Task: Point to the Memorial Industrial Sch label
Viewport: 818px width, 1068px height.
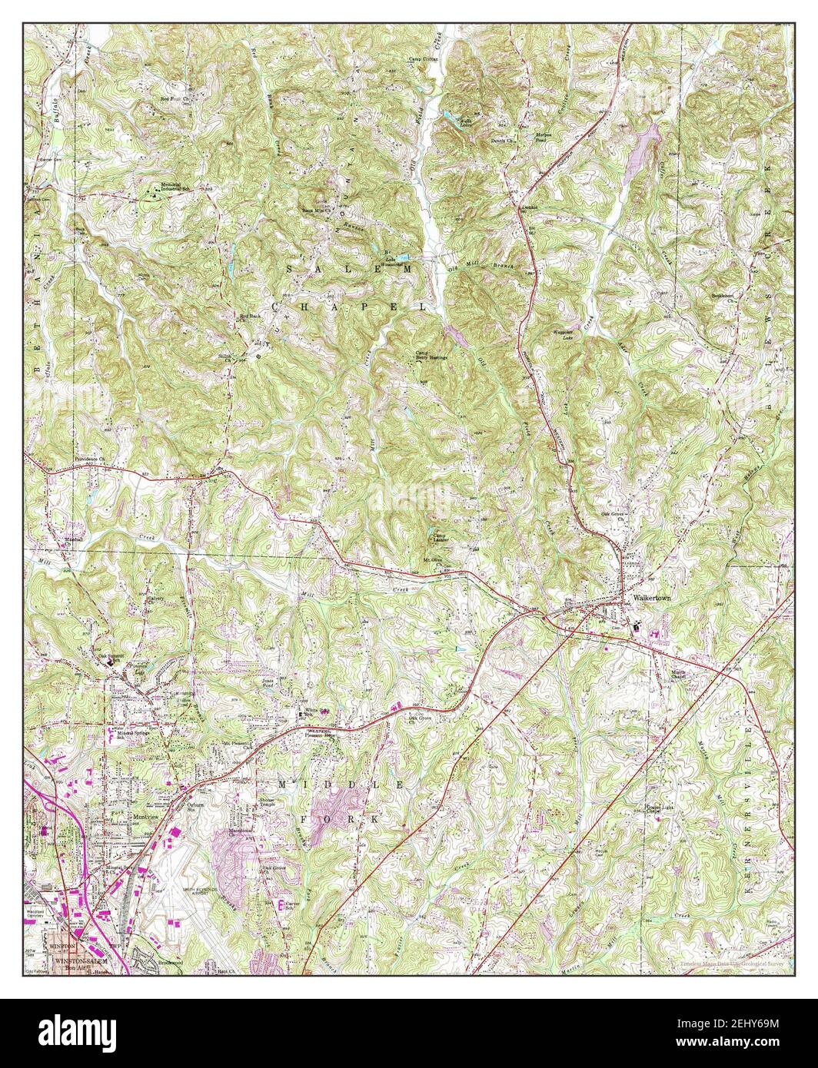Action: [170, 187]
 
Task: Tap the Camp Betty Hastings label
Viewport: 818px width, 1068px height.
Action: [431, 356]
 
